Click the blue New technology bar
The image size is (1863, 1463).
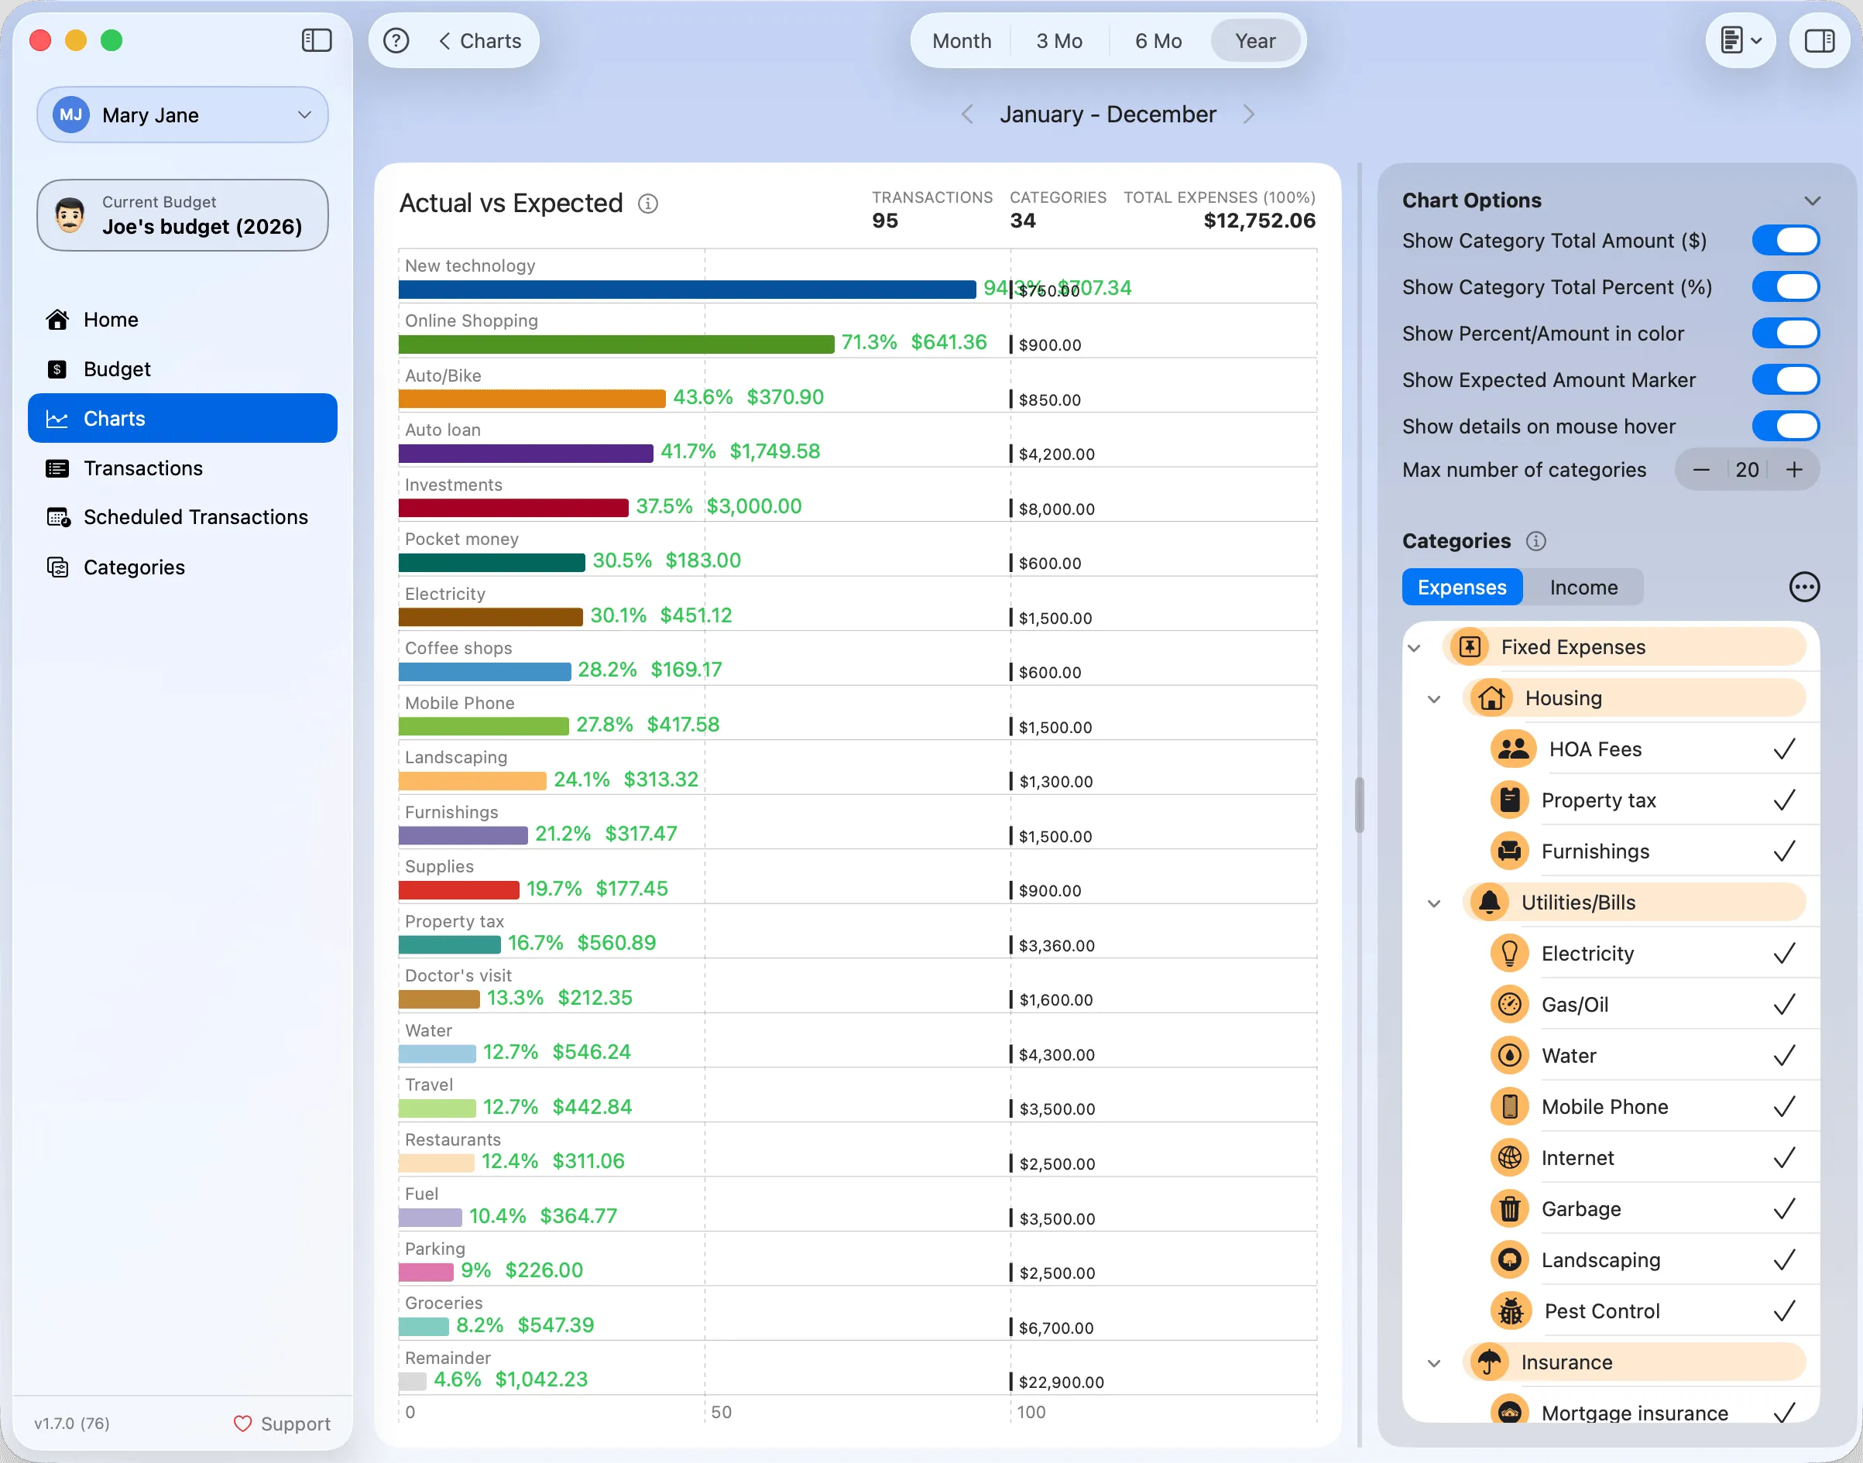(688, 290)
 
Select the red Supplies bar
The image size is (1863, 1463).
(458, 890)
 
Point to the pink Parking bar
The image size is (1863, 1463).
(426, 1271)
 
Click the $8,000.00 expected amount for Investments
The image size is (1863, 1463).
(1057, 509)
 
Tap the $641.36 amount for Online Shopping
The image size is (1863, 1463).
(949, 343)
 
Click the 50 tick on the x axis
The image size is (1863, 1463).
(722, 1413)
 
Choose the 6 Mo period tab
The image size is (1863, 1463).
(1158, 41)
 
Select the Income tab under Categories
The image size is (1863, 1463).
(1583, 588)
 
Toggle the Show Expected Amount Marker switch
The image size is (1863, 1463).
(1785, 379)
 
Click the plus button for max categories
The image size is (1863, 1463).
(1794, 469)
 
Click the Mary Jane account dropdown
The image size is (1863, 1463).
(183, 115)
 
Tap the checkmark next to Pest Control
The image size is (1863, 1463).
(1784, 1311)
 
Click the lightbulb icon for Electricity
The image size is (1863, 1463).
(1510, 954)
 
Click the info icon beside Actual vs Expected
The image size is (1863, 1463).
(648, 204)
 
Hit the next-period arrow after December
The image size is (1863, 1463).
(1248, 115)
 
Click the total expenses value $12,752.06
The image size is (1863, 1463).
(1259, 221)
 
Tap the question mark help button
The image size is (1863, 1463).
(396, 41)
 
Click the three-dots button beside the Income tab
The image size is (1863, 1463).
(1804, 588)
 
